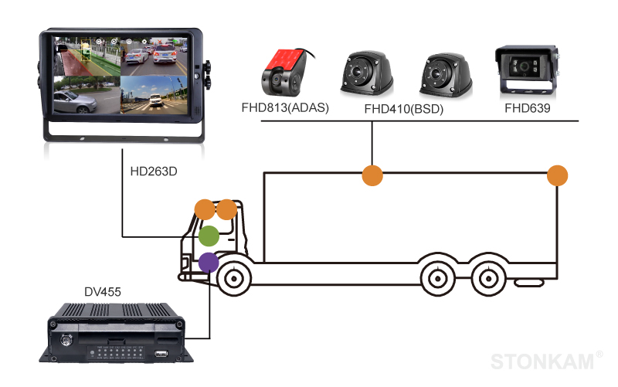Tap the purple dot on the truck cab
pos(208,263)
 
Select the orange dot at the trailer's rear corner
pos(557,175)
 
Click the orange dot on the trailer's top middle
pos(372,175)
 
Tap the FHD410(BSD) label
pos(403,110)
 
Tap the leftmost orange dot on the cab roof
pos(205,209)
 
